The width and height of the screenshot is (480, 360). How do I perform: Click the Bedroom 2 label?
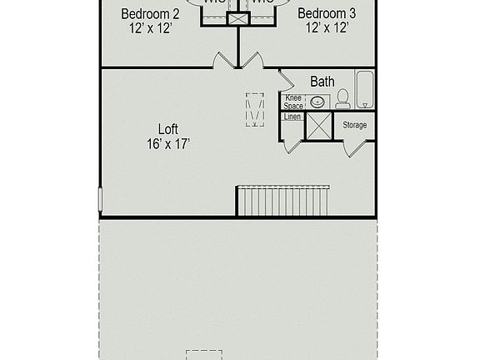click(x=150, y=13)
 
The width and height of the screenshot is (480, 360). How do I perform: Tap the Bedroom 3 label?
click(x=326, y=13)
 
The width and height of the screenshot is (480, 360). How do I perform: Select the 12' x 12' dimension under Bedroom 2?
click(x=150, y=28)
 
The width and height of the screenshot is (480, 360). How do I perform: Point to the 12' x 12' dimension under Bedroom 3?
click(x=326, y=28)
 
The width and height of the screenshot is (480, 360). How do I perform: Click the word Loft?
click(x=167, y=129)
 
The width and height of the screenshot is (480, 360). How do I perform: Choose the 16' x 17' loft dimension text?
click(x=167, y=143)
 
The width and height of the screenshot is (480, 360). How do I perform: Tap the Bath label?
click(x=322, y=82)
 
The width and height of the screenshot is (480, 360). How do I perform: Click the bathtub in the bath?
click(x=365, y=89)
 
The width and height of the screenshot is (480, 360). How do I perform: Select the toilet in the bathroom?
click(x=342, y=99)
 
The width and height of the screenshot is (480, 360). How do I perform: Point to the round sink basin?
click(x=317, y=102)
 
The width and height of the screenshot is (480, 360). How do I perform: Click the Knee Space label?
click(x=293, y=102)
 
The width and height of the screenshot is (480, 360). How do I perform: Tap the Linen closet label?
click(x=292, y=117)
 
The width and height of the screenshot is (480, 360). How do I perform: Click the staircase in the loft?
click(x=282, y=201)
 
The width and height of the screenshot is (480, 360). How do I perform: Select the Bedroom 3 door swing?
click(x=253, y=60)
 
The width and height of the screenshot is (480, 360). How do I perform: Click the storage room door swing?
click(x=355, y=148)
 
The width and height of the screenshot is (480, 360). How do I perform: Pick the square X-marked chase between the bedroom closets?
click(x=238, y=18)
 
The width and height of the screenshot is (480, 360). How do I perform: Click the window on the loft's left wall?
click(x=100, y=198)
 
